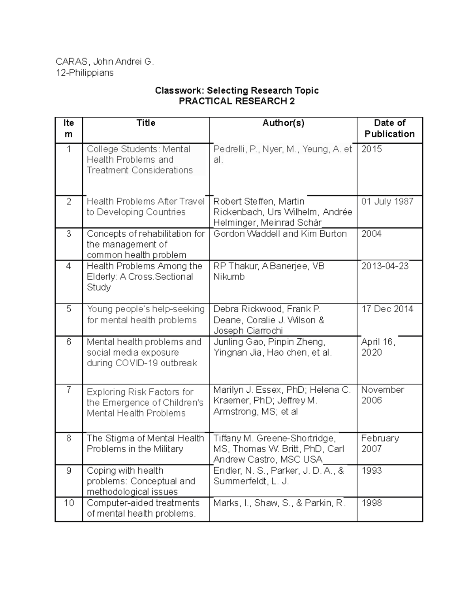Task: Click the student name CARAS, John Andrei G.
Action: coord(104,62)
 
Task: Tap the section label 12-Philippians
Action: coord(84,73)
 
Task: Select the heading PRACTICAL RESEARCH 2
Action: coord(237,101)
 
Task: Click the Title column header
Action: coord(146,123)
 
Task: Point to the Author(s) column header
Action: coord(283,123)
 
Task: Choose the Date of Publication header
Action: coord(389,128)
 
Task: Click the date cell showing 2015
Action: coord(371,149)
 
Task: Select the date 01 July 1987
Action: coord(387,201)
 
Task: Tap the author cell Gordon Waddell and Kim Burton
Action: coord(280,234)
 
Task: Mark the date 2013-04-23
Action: coord(385,266)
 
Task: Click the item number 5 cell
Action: coord(69,309)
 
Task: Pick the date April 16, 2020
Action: coord(378,347)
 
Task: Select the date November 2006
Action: coord(382,395)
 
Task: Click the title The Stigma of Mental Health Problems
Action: coord(145,444)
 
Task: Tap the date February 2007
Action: coord(380,443)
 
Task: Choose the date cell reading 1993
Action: coord(371,471)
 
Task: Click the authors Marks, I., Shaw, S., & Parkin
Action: coord(279,503)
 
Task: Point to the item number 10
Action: coord(69,503)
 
